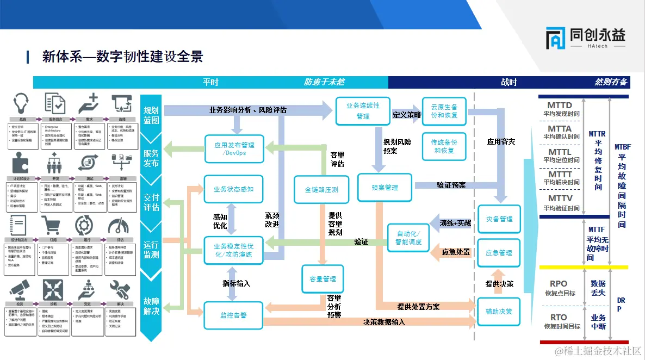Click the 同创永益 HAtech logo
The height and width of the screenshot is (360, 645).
click(x=585, y=39)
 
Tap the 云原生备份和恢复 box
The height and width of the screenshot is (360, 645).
click(x=444, y=111)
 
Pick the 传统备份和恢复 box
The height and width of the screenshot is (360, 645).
click(x=444, y=146)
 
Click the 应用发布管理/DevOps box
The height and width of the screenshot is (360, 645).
click(x=234, y=149)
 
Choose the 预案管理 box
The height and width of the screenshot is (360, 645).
click(x=384, y=188)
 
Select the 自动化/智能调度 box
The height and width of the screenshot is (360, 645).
click(x=408, y=238)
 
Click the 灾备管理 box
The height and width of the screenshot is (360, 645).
click(x=499, y=219)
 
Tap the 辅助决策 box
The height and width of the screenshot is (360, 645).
click(x=499, y=312)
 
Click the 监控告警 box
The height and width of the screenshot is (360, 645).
click(x=233, y=314)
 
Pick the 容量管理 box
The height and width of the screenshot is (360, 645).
click(x=322, y=279)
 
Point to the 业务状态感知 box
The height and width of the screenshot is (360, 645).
click(x=233, y=189)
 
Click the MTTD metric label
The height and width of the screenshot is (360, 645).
click(x=560, y=105)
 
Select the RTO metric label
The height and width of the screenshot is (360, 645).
click(x=559, y=317)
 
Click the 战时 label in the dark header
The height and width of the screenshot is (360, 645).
click(x=509, y=82)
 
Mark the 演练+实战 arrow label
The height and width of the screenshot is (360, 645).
click(x=455, y=223)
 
